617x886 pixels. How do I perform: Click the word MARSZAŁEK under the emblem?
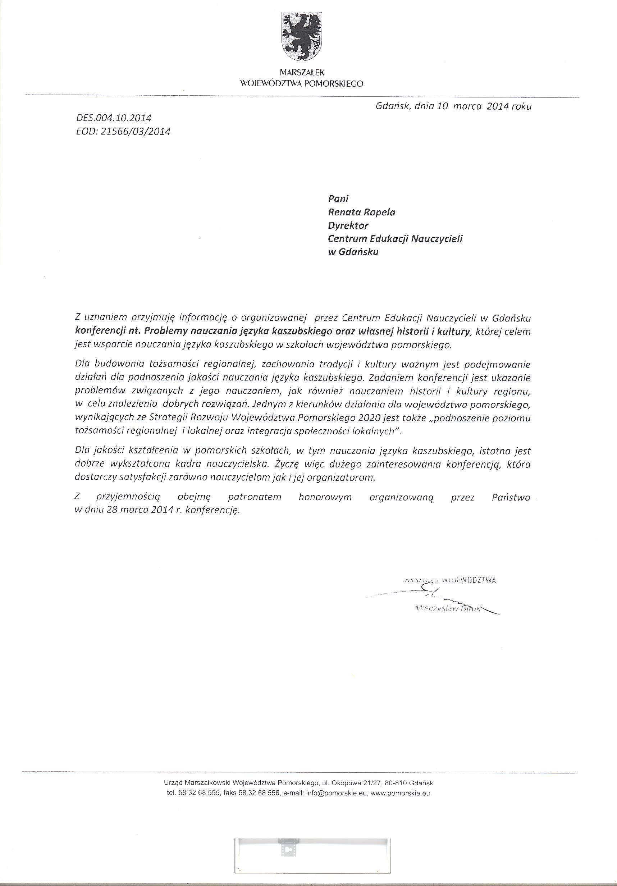click(301, 72)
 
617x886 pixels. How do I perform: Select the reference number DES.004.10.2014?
click(114, 118)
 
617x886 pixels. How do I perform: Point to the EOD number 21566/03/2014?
click(135, 132)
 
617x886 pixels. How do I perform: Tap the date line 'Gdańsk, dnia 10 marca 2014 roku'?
click(453, 106)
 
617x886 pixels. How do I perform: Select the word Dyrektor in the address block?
click(348, 225)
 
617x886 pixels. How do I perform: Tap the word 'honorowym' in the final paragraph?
click(325, 497)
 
